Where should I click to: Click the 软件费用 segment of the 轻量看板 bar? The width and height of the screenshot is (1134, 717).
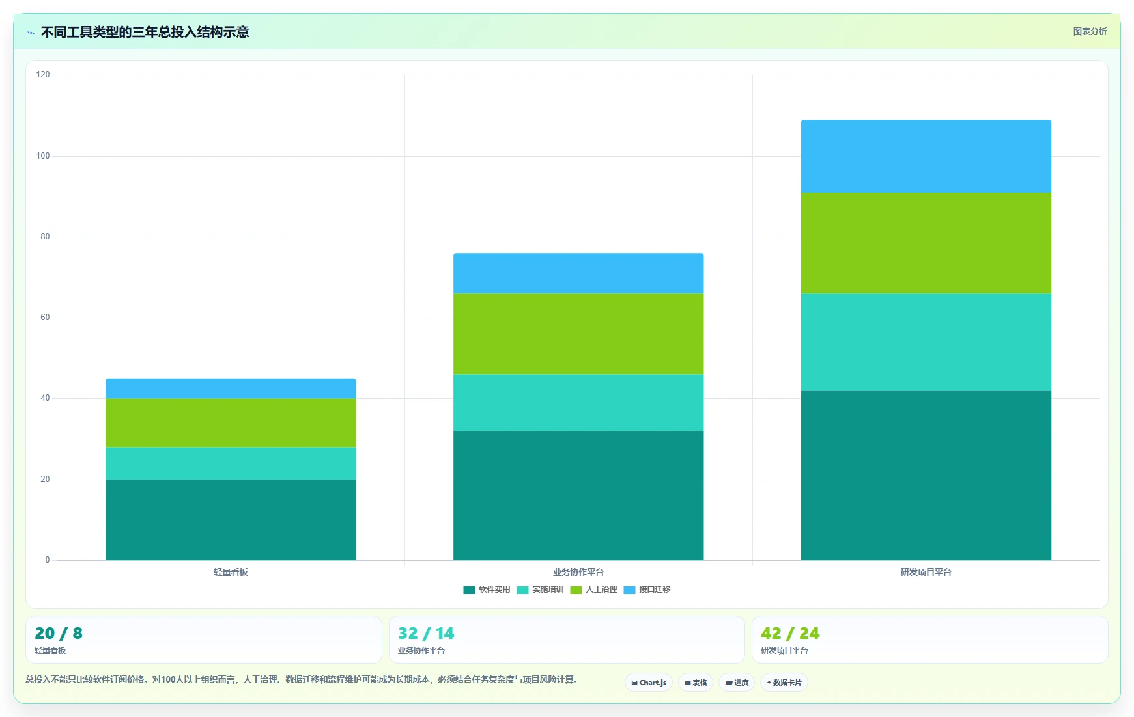(x=231, y=520)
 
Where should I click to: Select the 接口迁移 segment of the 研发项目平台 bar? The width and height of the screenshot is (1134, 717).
(x=926, y=156)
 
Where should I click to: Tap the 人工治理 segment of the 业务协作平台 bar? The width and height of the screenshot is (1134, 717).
(x=578, y=334)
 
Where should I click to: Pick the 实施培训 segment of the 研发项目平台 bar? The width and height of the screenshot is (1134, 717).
(x=926, y=342)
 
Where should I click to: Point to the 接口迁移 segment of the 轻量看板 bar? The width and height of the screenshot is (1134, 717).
(x=231, y=388)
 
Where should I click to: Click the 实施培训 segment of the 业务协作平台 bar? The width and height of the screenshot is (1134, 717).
(x=578, y=403)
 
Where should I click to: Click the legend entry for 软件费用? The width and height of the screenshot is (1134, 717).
(x=487, y=589)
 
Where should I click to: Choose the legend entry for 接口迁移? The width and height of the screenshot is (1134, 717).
(x=647, y=589)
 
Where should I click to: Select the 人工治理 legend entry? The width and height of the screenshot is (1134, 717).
(x=593, y=589)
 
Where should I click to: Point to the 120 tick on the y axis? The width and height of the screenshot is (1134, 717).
(x=43, y=75)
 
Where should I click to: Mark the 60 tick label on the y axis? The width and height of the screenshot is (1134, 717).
(x=45, y=318)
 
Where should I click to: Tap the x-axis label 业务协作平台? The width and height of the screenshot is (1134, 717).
(x=578, y=573)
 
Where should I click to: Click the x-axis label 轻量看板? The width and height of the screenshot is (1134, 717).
(x=231, y=573)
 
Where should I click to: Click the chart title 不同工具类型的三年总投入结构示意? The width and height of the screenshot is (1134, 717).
(x=145, y=32)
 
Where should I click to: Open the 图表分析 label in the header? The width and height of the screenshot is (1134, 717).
(x=1090, y=31)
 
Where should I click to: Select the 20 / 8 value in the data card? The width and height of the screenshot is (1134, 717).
(x=59, y=633)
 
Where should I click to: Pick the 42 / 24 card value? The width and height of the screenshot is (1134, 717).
(x=790, y=633)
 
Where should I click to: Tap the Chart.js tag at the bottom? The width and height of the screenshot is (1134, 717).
(x=649, y=683)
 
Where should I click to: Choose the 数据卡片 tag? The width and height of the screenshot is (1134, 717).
(x=784, y=683)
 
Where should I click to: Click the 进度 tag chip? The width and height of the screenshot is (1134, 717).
(x=737, y=683)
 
